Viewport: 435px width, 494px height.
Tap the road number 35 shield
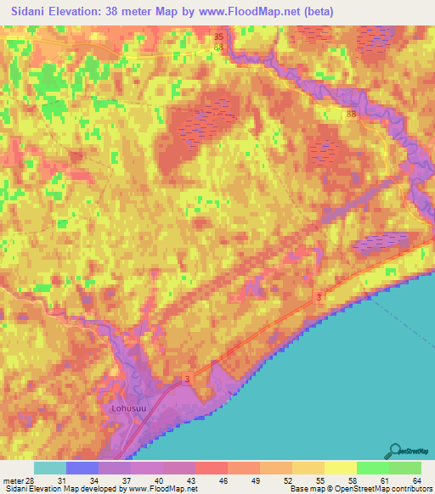coord(219,37)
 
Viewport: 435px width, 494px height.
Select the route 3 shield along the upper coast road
coord(319,296)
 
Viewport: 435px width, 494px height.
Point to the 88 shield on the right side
coord(352,113)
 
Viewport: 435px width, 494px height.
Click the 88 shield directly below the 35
coord(219,48)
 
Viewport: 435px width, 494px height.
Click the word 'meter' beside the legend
coord(13,481)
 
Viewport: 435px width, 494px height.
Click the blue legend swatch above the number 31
coord(82,468)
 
